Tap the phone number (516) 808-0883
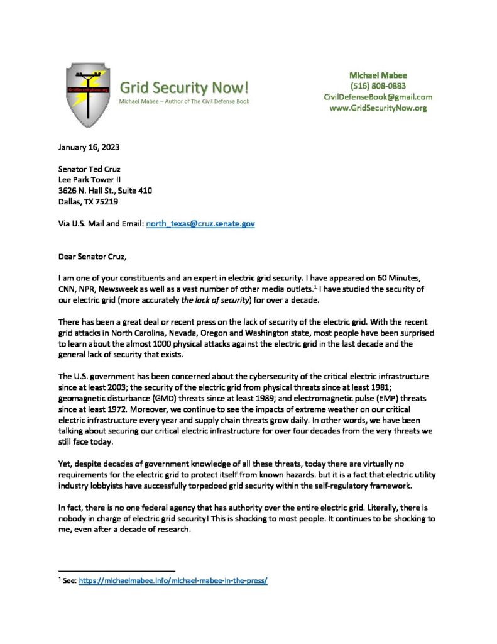[378, 86]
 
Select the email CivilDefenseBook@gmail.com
[378, 97]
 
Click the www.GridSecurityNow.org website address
[378, 108]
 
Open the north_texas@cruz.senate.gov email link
[200, 223]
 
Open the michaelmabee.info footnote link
[173, 581]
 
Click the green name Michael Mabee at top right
[378, 74]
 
